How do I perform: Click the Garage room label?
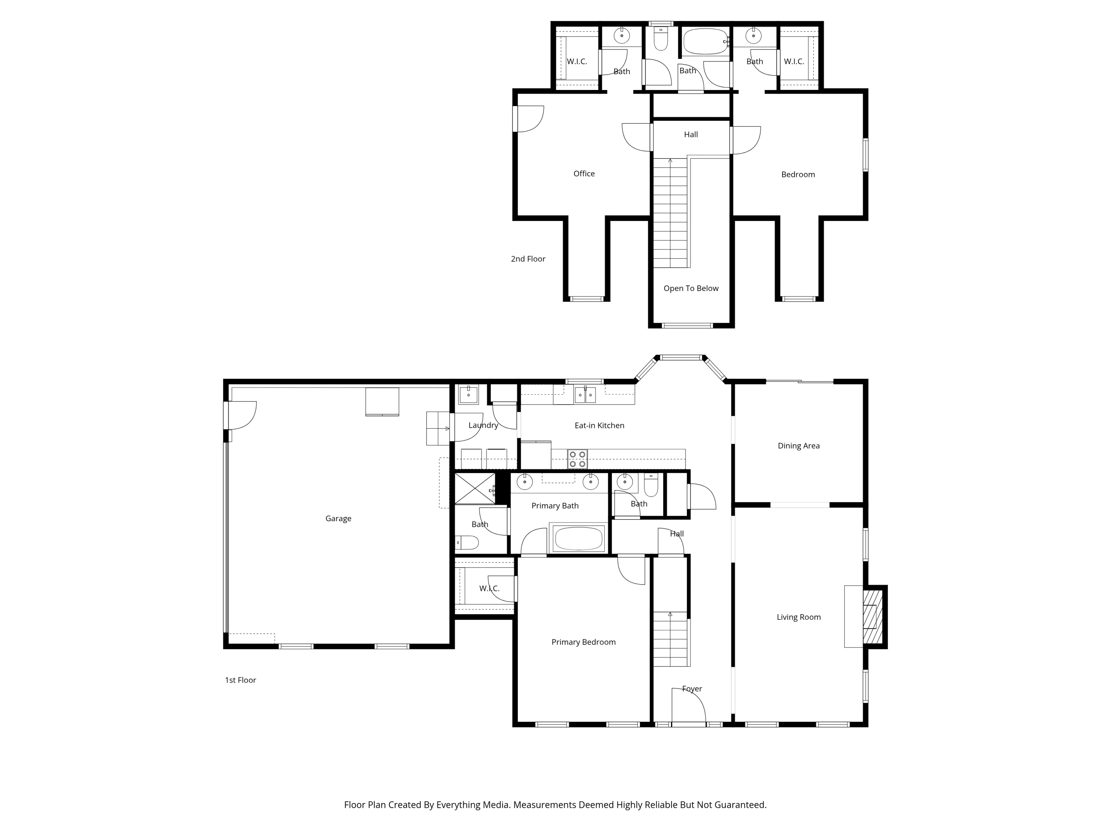coord(338,519)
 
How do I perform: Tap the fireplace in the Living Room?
coord(873,616)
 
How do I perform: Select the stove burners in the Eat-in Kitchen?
coord(577,459)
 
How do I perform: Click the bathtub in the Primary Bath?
coord(578,538)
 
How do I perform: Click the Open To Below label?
coord(691,288)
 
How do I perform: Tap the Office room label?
coord(584,174)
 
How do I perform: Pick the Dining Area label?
coord(798,446)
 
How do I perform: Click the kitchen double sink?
coord(585,395)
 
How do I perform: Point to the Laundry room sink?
coord(468,395)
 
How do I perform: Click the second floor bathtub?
coord(705,42)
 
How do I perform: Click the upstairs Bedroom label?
coord(798,175)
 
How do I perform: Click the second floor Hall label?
coord(691,134)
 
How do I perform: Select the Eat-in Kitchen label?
coord(599,425)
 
